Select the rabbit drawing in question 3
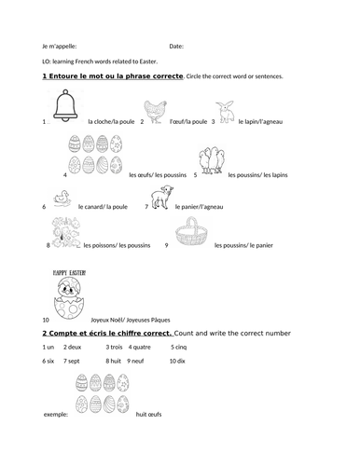click(x=227, y=108)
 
